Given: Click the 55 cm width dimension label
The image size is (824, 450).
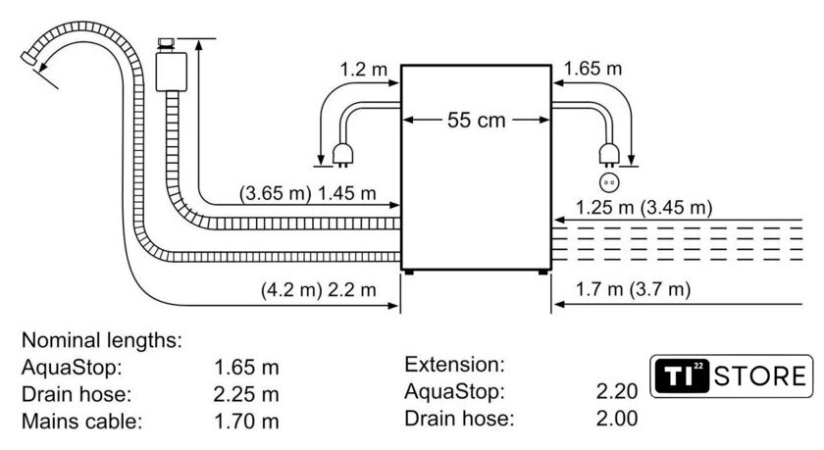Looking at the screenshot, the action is (476, 121).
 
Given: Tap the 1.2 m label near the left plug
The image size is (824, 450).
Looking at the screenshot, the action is (363, 69).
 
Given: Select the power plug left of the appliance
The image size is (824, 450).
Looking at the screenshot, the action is (342, 156).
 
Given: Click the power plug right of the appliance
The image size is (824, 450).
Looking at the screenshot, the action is (609, 156).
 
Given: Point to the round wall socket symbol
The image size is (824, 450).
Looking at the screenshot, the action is (609, 182).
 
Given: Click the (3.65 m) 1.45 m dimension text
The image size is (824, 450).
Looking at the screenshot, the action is (308, 193).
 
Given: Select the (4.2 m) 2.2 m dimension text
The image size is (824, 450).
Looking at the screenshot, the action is (319, 289).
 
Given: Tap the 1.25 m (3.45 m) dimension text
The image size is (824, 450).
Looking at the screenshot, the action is (644, 208).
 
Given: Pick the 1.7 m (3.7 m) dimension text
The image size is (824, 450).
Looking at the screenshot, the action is (634, 289).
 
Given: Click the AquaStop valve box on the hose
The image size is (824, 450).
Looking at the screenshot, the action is (172, 71).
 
